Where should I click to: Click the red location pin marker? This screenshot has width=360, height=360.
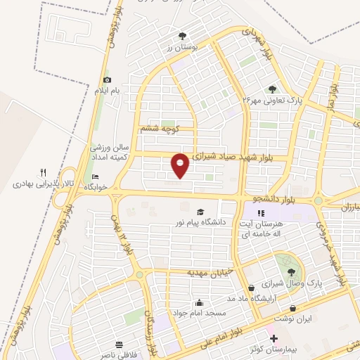click(181, 165)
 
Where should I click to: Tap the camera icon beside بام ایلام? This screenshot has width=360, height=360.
click(107, 80)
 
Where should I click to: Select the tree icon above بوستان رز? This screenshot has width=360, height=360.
click(183, 34)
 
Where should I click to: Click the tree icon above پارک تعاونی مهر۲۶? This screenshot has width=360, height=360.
click(272, 89)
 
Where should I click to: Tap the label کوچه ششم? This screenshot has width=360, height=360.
click(161, 129)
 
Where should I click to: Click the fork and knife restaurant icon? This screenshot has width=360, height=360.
click(43, 172)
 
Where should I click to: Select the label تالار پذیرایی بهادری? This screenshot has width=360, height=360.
click(43, 184)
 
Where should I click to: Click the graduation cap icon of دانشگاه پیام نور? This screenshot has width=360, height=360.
click(200, 212)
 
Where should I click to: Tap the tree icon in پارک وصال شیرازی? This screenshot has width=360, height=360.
click(291, 272)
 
